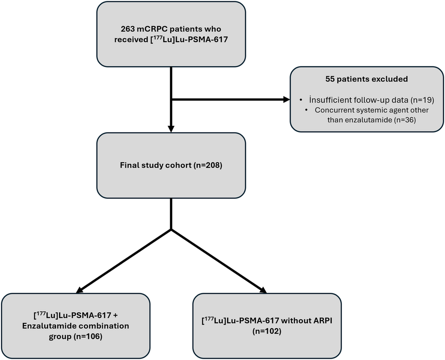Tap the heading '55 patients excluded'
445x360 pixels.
367,79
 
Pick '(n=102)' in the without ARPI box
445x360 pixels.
267,331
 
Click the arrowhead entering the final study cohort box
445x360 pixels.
171,129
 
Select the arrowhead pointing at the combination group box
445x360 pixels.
80,289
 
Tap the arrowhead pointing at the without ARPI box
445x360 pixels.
262,289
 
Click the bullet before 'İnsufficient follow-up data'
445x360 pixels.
301,100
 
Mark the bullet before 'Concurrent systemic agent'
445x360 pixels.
307,110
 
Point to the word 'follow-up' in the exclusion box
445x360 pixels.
374,100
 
